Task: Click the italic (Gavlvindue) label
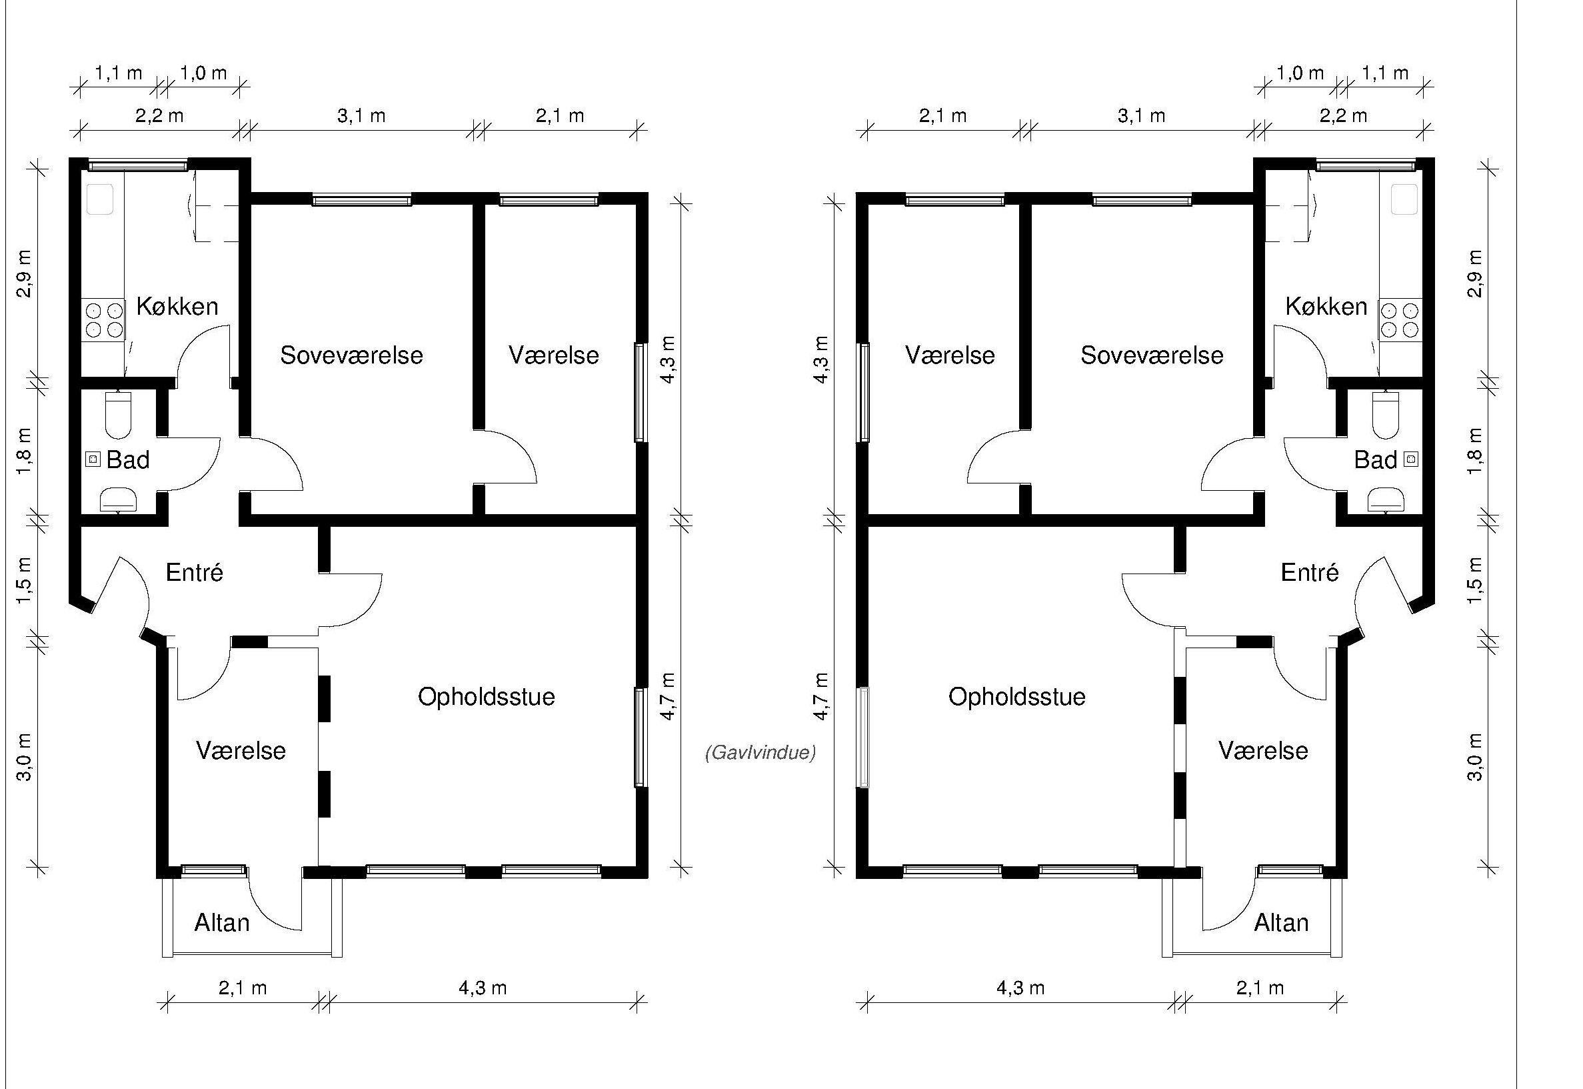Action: click(760, 753)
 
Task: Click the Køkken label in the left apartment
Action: click(177, 306)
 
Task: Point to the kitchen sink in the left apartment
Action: click(99, 199)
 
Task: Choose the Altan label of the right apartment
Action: click(1281, 922)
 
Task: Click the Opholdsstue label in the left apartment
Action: click(487, 697)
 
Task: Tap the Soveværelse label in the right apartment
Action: click(1152, 355)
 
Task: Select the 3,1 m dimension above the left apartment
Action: click(361, 116)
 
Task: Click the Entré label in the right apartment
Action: click(1310, 572)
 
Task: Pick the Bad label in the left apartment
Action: click(127, 460)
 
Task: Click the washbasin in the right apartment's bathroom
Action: click(1385, 499)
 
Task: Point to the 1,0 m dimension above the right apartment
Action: click(1300, 73)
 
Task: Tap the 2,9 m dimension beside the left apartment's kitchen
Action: click(25, 273)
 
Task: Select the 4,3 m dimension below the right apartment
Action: click(1020, 988)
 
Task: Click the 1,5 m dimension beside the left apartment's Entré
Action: click(25, 581)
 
